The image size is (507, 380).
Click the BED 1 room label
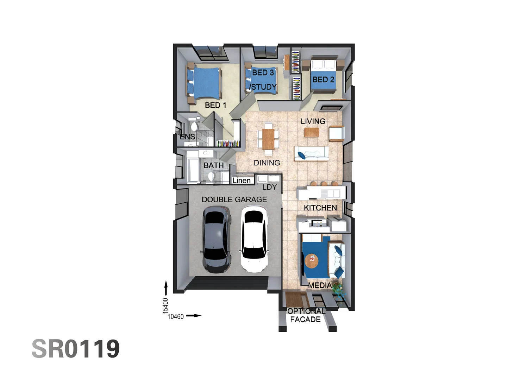coord(215,105)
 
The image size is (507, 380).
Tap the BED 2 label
coord(323,80)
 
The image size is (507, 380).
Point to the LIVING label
coord(313,121)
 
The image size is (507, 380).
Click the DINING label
coord(267,163)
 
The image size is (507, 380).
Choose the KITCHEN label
coord(320,208)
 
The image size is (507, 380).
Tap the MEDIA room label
coord(320,285)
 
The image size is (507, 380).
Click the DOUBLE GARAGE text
coord(234,199)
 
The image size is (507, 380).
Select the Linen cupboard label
coord(242,180)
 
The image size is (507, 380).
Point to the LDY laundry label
coord(269,187)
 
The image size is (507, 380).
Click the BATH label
coord(213,165)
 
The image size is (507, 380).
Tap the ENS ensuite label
coord(187,137)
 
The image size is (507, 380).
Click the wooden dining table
coord(268,139)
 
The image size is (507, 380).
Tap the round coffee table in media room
coord(311,261)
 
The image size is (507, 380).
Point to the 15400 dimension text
coord(165,305)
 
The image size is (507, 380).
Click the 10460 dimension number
coord(176,317)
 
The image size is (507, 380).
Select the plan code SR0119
coord(76,349)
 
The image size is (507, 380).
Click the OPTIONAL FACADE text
coord(306,315)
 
